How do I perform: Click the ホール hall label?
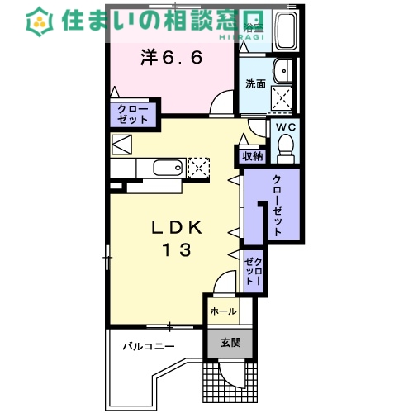click(x=222, y=312)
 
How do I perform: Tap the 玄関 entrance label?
click(x=229, y=341)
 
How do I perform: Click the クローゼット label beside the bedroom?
click(x=132, y=114)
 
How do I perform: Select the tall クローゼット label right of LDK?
click(x=276, y=206)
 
